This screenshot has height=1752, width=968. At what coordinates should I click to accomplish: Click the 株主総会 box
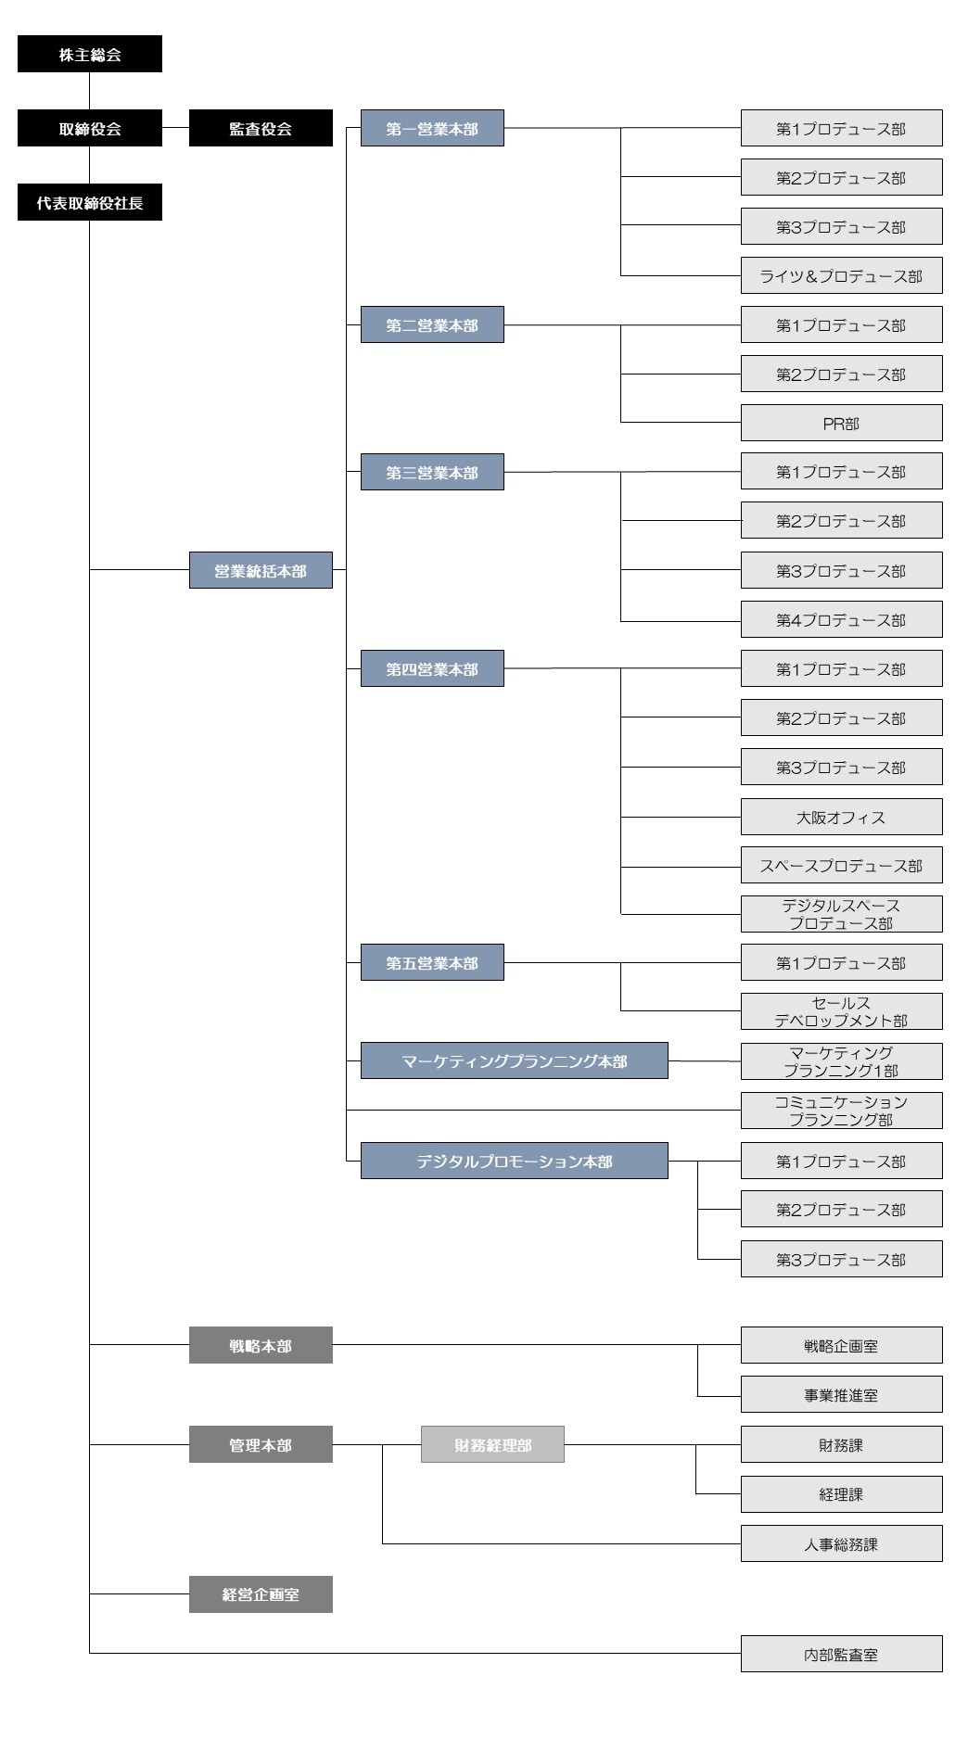90,54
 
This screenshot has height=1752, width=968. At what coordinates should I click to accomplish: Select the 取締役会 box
90,128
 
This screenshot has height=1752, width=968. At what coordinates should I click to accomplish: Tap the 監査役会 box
261,128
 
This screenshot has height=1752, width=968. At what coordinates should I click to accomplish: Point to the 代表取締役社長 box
90,202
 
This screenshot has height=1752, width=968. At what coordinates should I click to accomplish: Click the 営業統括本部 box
261,570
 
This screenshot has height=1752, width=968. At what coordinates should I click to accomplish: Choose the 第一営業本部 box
432,128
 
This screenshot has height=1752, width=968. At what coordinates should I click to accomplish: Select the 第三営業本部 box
432,472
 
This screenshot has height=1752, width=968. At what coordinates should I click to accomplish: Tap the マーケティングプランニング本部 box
515,1060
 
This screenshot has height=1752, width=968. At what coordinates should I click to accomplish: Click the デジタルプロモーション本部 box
515,1161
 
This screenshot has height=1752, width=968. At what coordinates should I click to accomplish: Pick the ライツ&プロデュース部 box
842,275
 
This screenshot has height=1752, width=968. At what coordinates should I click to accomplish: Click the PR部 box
842,423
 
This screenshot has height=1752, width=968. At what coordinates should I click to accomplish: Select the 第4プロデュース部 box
842,619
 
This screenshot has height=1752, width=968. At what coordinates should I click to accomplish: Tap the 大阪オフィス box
842,817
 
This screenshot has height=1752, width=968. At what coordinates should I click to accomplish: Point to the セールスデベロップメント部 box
842,1011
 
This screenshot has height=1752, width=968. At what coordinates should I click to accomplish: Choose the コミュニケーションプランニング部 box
842,1111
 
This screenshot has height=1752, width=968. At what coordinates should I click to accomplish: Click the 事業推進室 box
842,1394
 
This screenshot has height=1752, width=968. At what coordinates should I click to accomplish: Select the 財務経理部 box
492,1444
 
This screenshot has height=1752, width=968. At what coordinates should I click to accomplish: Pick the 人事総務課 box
842,1543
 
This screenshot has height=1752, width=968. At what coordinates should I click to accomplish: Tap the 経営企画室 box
261,1594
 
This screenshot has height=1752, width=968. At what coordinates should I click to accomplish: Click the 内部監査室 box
842,1654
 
